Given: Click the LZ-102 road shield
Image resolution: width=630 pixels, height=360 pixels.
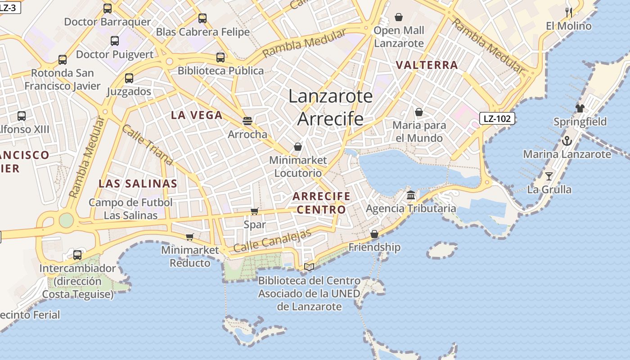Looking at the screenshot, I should (x=497, y=119).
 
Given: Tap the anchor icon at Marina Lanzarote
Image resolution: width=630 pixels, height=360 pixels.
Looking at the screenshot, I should (x=567, y=141).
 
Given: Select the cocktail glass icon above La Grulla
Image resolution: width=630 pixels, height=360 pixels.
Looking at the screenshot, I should (x=549, y=176).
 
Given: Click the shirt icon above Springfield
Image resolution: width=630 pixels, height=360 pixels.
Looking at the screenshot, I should (x=580, y=108).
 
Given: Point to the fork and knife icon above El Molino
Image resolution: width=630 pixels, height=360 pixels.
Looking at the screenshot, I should (x=569, y=12).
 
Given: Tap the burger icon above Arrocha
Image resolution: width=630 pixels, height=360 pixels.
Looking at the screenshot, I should (x=247, y=121).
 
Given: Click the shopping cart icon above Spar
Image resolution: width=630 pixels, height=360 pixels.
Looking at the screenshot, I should (x=254, y=211).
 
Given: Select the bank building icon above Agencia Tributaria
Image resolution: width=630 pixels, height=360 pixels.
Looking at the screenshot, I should (x=411, y=195).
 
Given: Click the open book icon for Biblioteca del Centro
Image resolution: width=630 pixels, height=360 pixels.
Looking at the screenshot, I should (x=309, y=267).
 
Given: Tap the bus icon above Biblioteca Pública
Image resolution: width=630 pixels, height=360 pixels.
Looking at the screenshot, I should (x=220, y=58).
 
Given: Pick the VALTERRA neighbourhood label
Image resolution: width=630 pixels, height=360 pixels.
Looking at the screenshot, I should (x=427, y=65).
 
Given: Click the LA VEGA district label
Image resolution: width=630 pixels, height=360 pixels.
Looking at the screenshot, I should (x=197, y=115).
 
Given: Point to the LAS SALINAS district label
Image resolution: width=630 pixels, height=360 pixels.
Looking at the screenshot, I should (x=138, y=184).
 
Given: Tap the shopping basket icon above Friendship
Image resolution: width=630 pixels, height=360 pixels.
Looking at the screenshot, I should (x=374, y=234).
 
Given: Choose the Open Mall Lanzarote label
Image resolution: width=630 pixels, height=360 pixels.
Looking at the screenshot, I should (x=399, y=37).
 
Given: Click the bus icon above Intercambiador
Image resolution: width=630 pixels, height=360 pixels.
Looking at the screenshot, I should (x=77, y=255).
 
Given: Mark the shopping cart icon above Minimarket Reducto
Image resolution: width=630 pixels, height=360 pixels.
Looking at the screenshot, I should (x=189, y=237).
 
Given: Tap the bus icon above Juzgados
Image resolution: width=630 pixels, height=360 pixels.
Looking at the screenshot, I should (x=129, y=78).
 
